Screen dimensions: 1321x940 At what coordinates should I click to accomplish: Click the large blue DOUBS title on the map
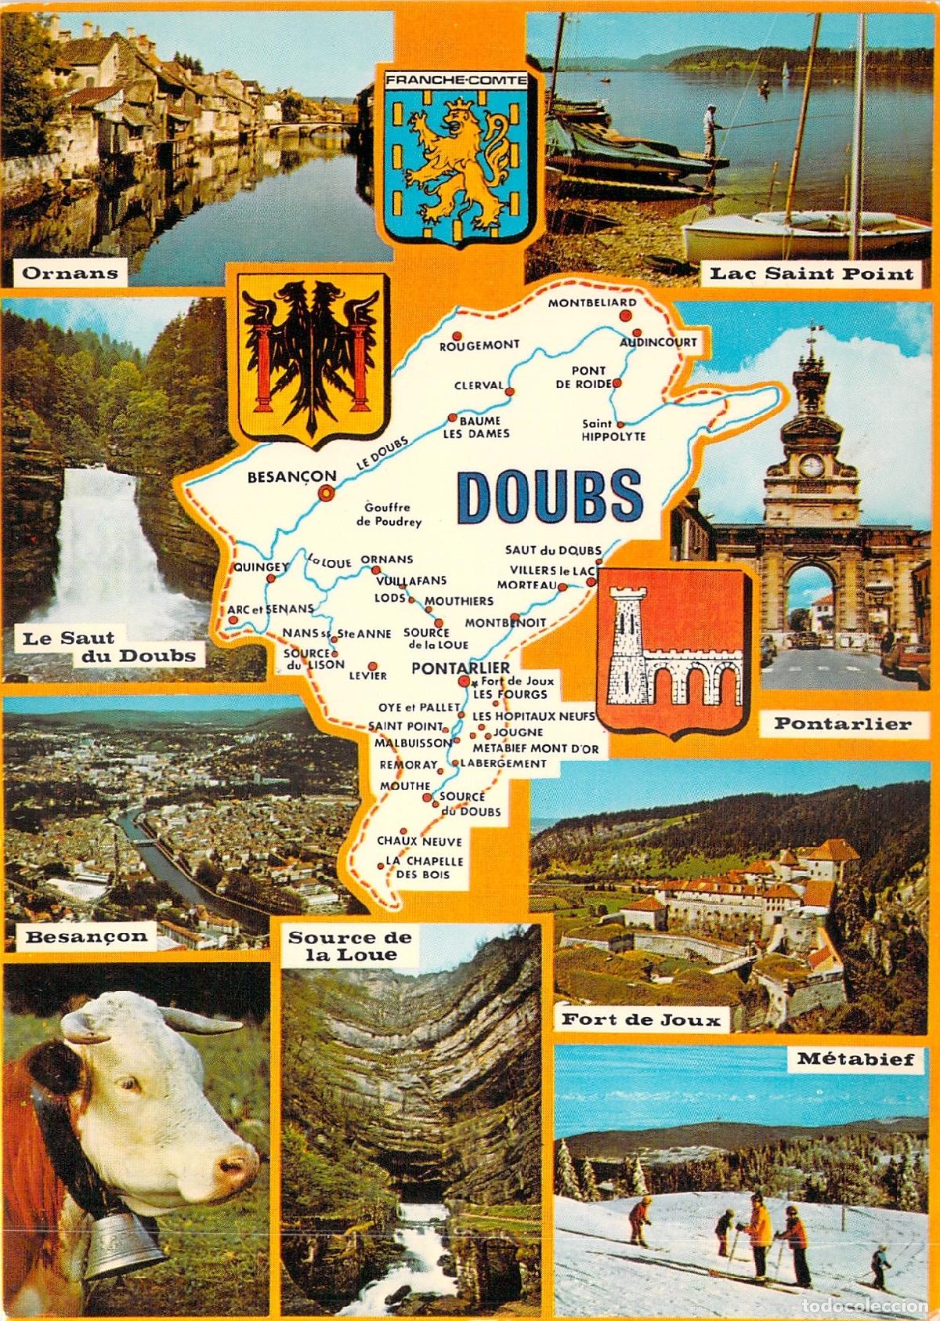[x=550, y=496]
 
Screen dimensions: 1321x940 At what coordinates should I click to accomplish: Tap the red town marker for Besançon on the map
[x=324, y=493]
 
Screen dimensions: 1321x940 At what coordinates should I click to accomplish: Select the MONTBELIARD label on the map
[x=592, y=302]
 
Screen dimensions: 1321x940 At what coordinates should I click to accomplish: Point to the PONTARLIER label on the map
[x=450, y=668]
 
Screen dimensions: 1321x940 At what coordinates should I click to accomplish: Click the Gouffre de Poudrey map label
[x=389, y=514]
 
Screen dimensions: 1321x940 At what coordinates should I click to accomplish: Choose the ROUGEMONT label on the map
[x=479, y=345]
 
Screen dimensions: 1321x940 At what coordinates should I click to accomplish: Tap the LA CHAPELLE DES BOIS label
[x=424, y=867]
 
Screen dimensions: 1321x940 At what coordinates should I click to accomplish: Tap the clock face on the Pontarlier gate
[x=812, y=466]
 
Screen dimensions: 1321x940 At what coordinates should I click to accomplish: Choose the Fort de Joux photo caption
[x=641, y=1019]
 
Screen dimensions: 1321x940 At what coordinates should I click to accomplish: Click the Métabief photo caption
[x=855, y=1059]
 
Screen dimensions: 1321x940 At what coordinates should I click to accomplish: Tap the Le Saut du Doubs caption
[x=108, y=647]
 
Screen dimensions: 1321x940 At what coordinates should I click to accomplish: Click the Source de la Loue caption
[x=350, y=946]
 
